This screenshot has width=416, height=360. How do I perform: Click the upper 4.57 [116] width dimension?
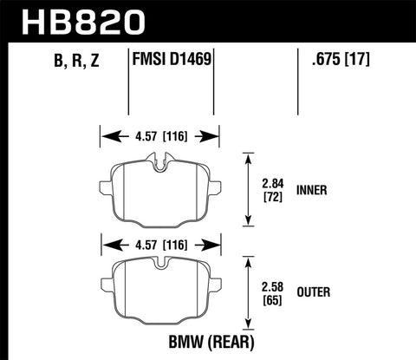pos(159,135)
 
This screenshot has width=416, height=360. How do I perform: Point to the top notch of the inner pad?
pos(159,159)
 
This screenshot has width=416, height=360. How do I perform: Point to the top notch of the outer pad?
pos(159,262)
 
